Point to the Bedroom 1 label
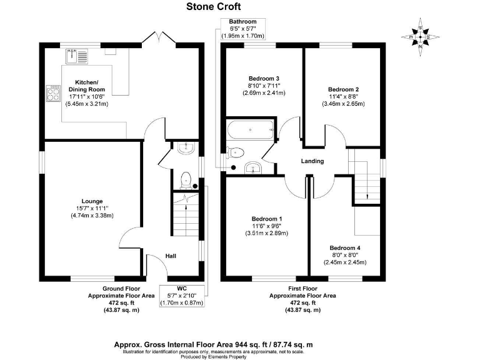266,219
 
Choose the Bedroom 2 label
343,89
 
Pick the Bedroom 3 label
264,78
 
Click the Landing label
312,161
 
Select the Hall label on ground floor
171,256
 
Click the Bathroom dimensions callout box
242,29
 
